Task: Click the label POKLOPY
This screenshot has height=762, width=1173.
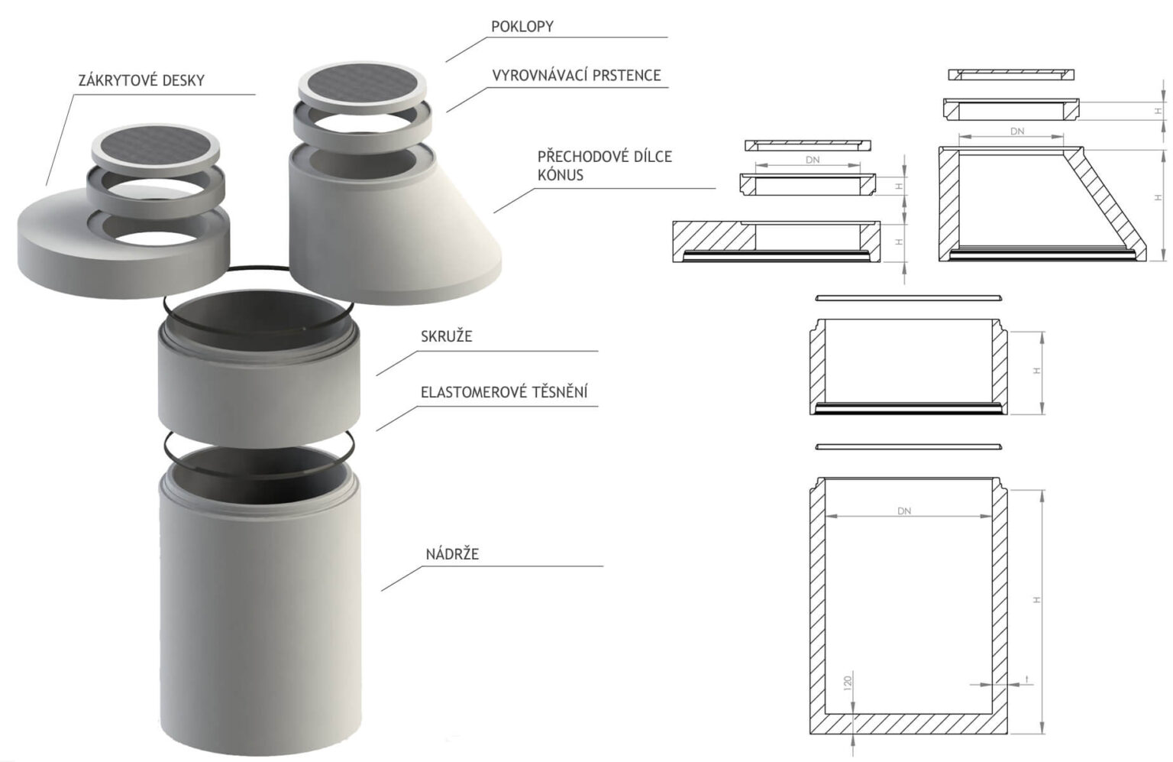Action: click(522, 27)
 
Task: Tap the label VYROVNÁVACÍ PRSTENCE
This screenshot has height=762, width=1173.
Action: click(577, 76)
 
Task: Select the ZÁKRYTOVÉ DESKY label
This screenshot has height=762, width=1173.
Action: click(141, 80)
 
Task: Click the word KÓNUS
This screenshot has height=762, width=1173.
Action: click(561, 175)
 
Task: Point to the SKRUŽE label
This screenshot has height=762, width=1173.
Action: click(447, 336)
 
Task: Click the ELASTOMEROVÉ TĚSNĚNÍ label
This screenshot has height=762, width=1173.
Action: click(504, 391)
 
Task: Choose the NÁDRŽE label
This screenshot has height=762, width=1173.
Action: click(452, 554)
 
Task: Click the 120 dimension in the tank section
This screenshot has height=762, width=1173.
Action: click(848, 683)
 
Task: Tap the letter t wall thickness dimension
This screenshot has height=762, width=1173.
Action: click(1027, 679)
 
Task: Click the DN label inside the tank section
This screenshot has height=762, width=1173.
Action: click(904, 511)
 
